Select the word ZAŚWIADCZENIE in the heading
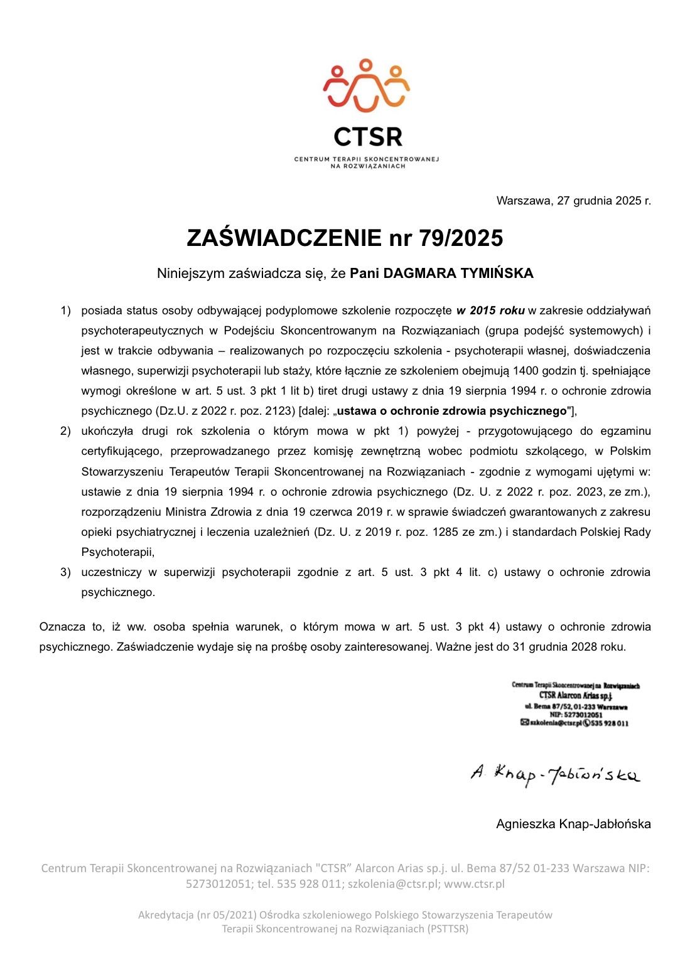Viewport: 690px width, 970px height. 284,238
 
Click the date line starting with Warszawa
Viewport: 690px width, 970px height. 573,201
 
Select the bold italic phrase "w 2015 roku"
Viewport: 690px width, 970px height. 490,310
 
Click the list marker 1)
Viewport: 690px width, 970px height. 66,310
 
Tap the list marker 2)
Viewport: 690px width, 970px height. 66,431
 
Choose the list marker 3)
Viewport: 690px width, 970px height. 66,572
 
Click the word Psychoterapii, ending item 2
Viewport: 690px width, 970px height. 117,552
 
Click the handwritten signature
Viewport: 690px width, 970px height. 555,774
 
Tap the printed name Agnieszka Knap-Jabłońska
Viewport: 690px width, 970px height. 573,824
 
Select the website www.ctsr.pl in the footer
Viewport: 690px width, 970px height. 474,884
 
